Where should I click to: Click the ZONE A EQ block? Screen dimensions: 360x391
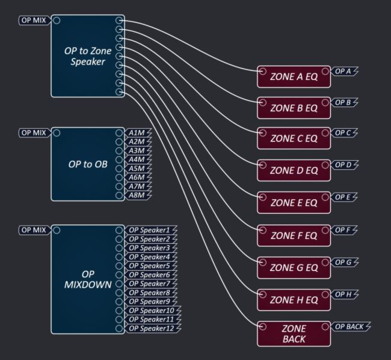pyautogui.click(x=294, y=77)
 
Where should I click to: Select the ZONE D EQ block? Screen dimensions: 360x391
pyautogui.click(x=294, y=170)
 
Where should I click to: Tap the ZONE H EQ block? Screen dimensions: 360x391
pyautogui.click(x=294, y=299)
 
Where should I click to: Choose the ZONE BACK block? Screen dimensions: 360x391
pyautogui.click(x=294, y=334)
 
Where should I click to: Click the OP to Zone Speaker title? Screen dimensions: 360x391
pyautogui.click(x=88, y=56)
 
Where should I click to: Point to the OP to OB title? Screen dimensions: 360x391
pyautogui.click(x=88, y=163)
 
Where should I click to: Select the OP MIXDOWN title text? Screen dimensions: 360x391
pyautogui.click(x=88, y=279)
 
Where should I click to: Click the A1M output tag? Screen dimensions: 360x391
pyautogui.click(x=137, y=132)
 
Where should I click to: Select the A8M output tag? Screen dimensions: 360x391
pyautogui.click(x=137, y=195)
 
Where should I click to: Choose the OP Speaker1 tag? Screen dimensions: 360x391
pyautogui.click(x=151, y=230)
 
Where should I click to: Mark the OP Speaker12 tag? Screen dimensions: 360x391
pyautogui.click(x=153, y=328)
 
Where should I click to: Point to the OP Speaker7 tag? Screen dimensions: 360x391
pyautogui.click(x=151, y=284)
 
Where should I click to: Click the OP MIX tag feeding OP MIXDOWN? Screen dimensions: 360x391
pyautogui.click(x=34, y=230)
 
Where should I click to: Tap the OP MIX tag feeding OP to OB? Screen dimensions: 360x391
pyautogui.click(x=34, y=132)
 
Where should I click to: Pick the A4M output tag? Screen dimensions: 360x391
pyautogui.click(x=137, y=159)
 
